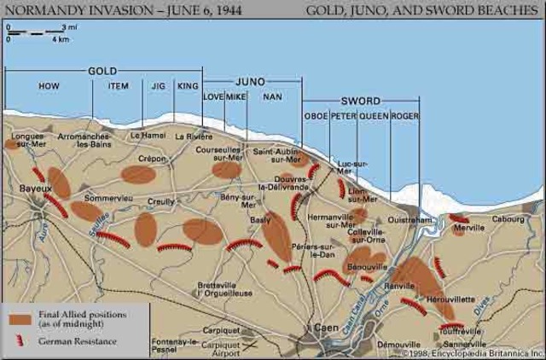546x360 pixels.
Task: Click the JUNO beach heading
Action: pos(250,81)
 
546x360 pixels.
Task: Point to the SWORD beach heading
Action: pos(358,99)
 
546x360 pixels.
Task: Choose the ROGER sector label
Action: pos(404,115)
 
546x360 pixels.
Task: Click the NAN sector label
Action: pos(273,97)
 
